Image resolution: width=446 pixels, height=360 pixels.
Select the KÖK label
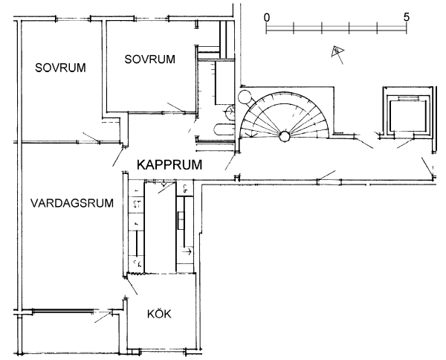(158, 315)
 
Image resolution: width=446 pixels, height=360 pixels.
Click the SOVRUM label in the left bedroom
(61, 68)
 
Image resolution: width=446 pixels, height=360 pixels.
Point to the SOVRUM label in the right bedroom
(150, 59)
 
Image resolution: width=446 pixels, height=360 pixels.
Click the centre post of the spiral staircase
(284, 136)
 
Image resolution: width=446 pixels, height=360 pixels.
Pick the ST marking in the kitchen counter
(137, 202)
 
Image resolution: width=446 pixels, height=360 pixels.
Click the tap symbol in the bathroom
(228, 111)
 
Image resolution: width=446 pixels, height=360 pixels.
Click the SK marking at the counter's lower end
(138, 263)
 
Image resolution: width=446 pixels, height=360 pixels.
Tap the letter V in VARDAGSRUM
(35, 202)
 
